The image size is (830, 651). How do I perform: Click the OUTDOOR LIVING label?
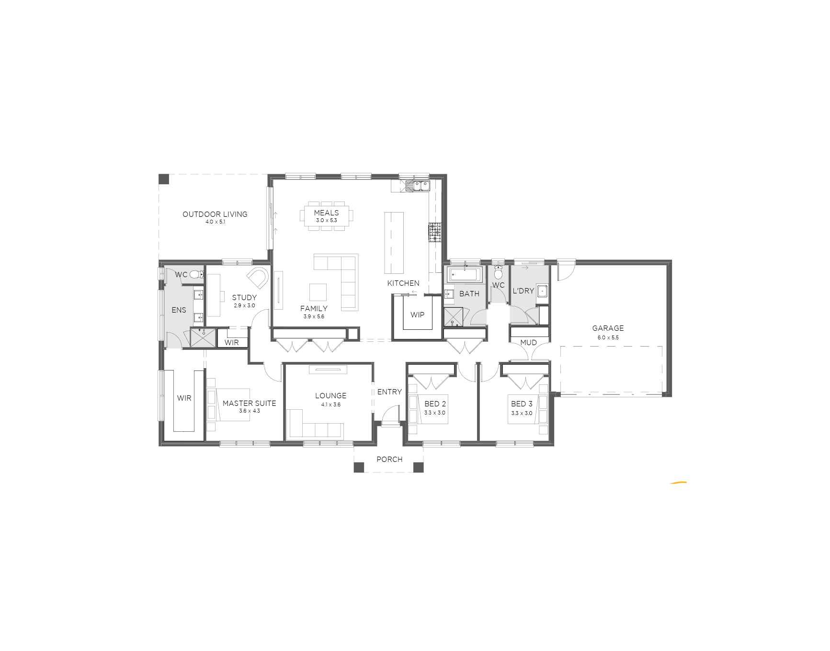(215, 214)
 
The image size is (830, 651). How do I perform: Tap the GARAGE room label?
(608, 328)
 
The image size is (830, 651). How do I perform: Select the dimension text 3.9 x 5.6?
(314, 316)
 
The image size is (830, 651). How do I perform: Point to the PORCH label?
(389, 459)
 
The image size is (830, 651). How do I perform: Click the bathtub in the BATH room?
(464, 275)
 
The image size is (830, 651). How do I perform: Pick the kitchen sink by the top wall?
(418, 185)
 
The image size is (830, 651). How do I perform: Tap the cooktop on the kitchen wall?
(434, 232)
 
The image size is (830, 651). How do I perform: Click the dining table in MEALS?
(327, 216)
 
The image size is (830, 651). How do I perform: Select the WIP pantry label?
(417, 314)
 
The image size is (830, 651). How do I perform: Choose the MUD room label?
(528, 342)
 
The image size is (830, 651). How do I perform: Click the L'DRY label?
(523, 291)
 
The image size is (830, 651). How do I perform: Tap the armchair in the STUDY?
(258, 278)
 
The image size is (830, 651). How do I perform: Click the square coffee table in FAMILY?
(318, 292)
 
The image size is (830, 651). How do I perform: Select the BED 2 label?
(435, 404)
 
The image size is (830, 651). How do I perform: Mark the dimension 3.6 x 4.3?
(249, 411)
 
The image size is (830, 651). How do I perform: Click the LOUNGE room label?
(330, 395)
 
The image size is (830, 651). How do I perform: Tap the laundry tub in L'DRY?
(542, 291)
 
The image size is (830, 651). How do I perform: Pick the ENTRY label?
(389, 392)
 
